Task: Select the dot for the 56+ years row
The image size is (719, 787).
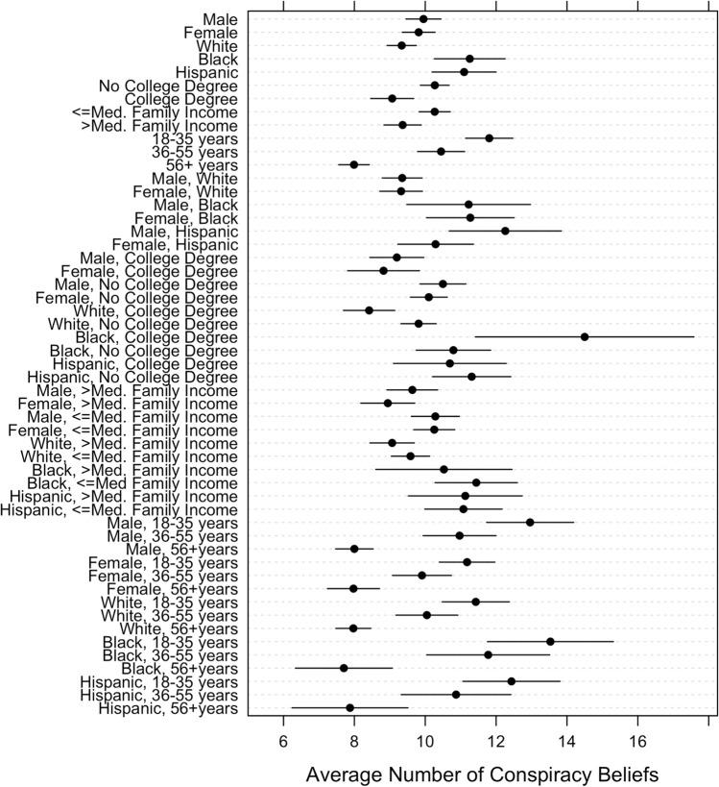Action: (354, 164)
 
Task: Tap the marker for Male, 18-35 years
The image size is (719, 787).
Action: (530, 522)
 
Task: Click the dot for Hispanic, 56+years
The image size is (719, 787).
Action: (349, 707)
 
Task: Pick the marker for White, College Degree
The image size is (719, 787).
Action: (369, 310)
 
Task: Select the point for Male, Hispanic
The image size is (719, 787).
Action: (505, 231)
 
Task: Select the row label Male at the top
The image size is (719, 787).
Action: (222, 19)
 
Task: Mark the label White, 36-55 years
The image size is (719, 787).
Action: (163, 615)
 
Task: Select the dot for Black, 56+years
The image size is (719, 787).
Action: (344, 668)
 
